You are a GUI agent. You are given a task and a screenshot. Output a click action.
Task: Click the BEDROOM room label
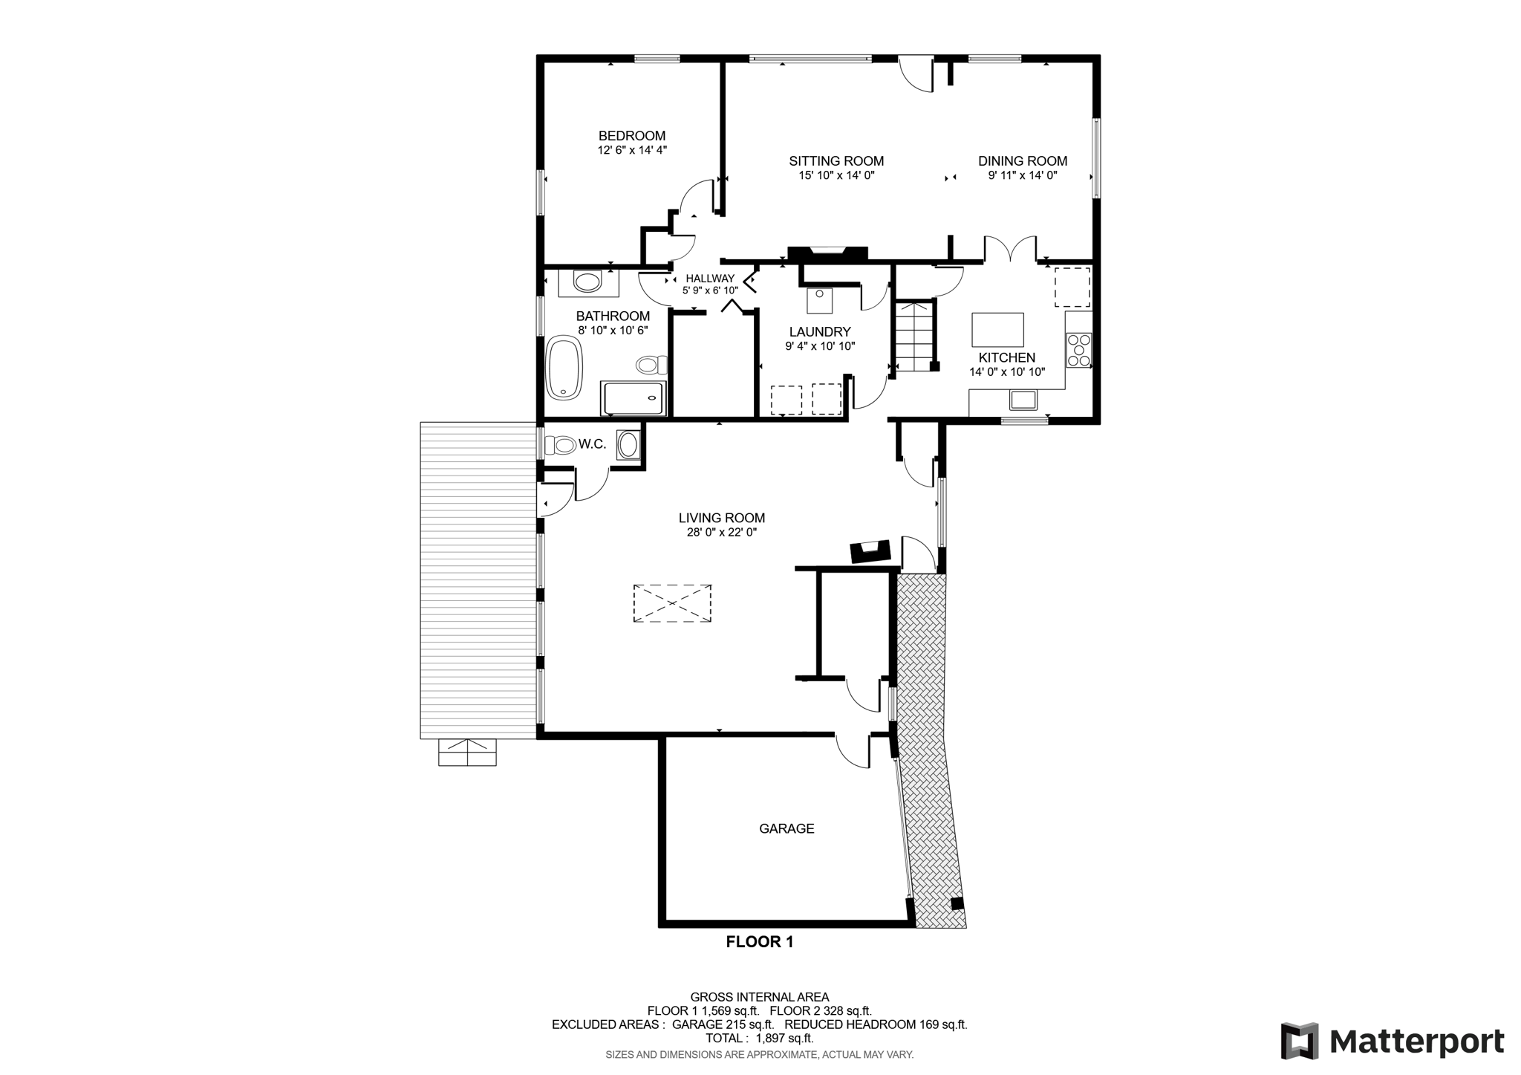[x=632, y=136]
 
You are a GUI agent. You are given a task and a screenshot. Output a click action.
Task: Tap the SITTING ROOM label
[x=836, y=161]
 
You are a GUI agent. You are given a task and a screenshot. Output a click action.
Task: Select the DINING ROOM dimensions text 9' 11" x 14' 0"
[x=1023, y=176]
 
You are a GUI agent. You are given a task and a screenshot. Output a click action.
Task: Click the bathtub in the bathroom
[x=564, y=368]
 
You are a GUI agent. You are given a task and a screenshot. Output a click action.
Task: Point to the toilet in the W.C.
[x=560, y=445]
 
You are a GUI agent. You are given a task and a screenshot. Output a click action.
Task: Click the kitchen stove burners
[x=1078, y=351]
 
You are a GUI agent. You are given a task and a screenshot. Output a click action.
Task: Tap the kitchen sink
[x=1023, y=400]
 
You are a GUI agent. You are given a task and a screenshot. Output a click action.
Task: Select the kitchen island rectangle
[x=997, y=330]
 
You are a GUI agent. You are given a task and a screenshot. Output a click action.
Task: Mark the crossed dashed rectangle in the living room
[x=672, y=603]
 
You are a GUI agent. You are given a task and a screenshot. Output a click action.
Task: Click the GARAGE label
[x=786, y=828]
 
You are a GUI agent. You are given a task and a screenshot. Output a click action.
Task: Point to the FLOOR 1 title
[x=760, y=942]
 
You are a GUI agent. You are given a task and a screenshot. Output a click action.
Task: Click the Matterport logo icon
[x=1299, y=1041]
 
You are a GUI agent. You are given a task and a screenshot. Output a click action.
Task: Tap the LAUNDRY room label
[x=820, y=332]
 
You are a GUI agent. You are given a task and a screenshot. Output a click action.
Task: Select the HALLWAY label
[x=710, y=279]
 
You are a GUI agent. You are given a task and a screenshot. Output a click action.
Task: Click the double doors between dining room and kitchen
[x=1011, y=249]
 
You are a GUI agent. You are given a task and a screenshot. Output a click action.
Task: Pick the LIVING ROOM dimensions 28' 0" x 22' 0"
[x=722, y=533]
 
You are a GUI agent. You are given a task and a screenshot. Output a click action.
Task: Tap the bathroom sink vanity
[x=589, y=282]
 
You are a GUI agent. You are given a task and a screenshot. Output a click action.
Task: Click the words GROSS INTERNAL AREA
[x=759, y=997]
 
